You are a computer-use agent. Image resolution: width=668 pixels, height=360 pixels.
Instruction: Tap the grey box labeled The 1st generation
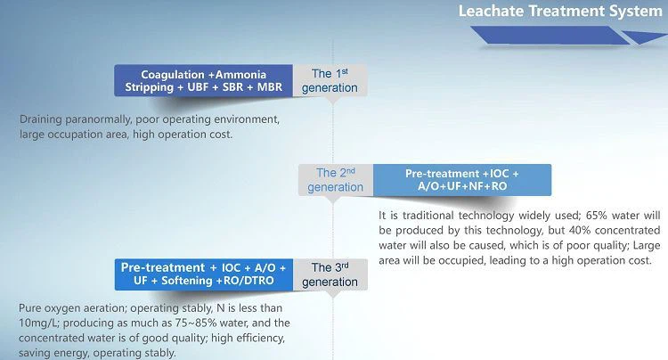point(330,80)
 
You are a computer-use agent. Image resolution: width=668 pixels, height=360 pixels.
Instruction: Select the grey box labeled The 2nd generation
point(336,180)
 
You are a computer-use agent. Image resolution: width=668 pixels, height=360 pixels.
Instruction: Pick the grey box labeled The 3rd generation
point(330,274)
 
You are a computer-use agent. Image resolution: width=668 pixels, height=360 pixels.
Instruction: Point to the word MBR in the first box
point(269,87)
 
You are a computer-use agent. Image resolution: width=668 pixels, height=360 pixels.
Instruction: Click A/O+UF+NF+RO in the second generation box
point(462,186)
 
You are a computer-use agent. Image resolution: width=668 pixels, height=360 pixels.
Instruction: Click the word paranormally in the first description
point(98,119)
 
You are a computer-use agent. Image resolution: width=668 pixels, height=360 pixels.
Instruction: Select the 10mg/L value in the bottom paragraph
point(39,323)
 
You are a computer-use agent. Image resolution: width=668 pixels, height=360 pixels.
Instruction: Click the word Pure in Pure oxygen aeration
point(29,308)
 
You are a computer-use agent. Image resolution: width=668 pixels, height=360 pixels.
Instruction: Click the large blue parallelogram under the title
point(550,35)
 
